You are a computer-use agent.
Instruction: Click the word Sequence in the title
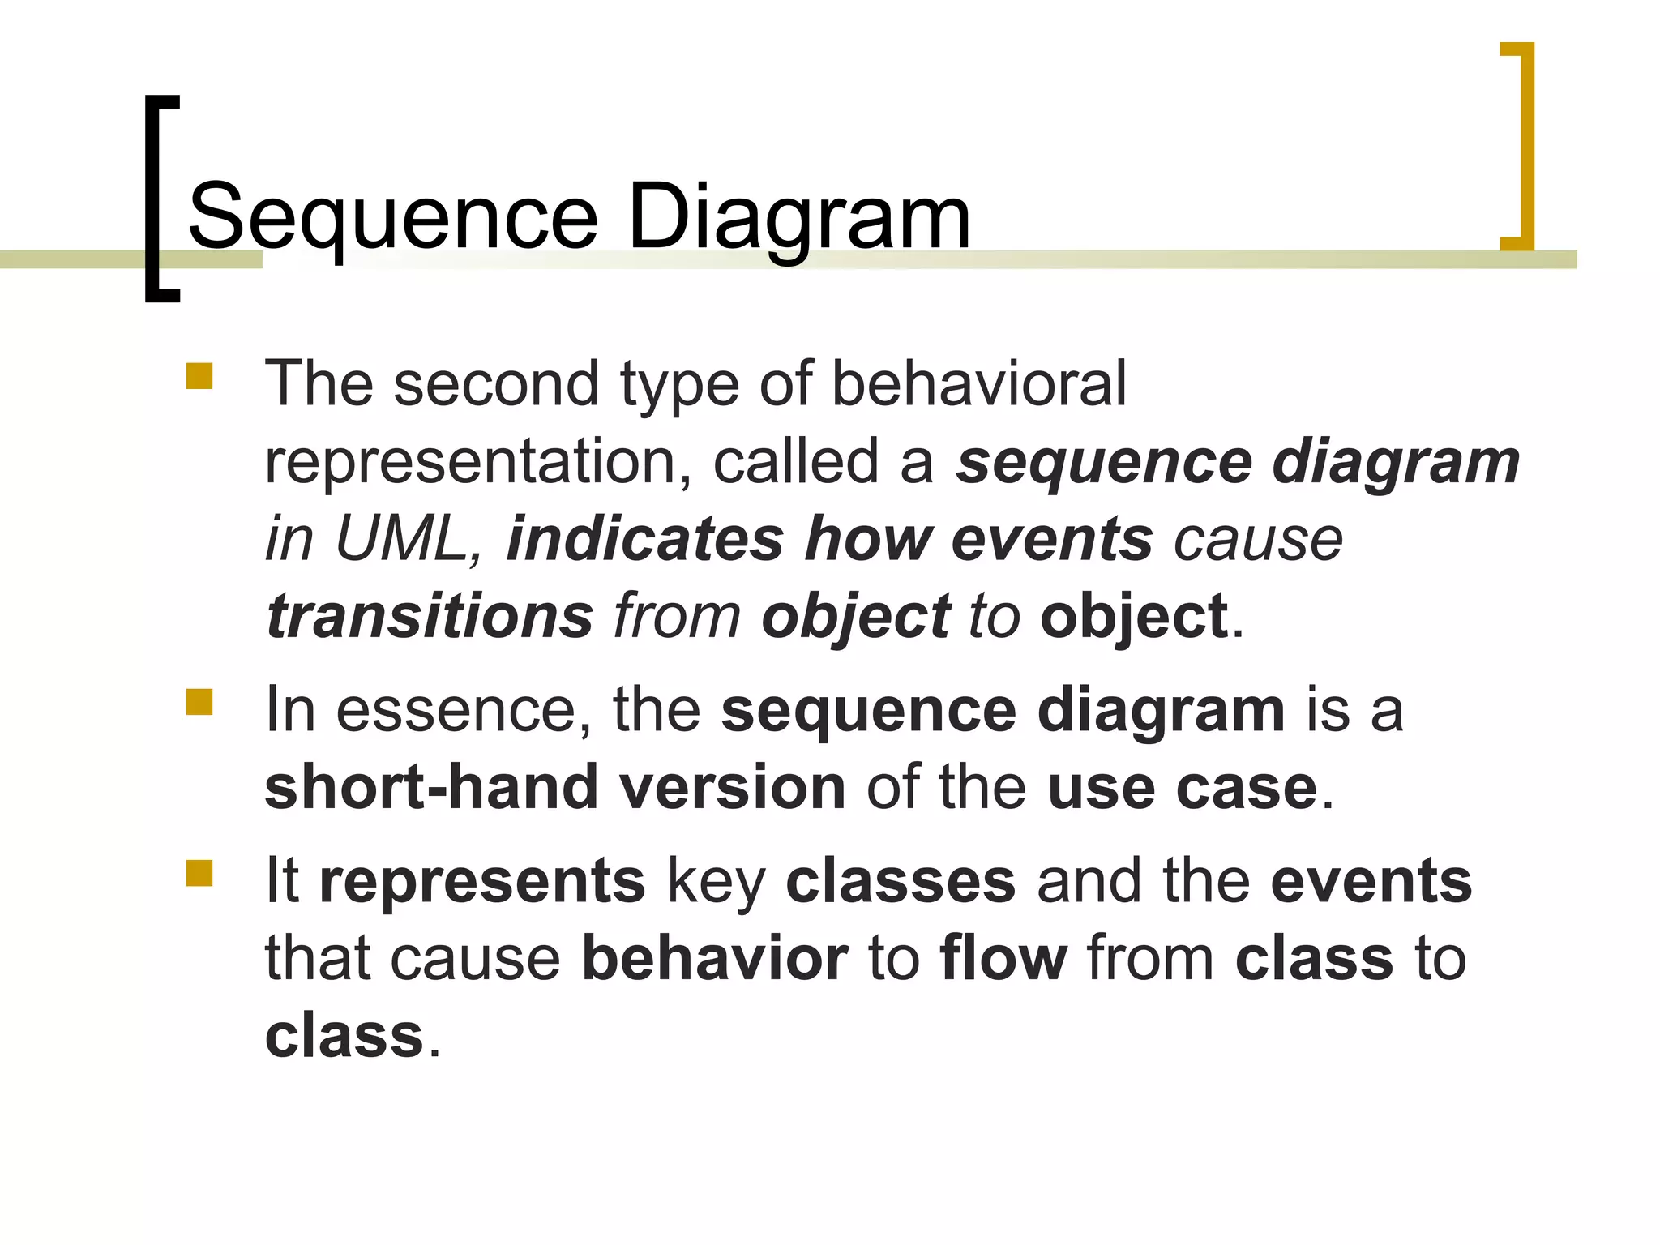(x=392, y=217)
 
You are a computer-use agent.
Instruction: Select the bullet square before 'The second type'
(x=199, y=376)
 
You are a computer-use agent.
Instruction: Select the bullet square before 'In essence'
(x=199, y=702)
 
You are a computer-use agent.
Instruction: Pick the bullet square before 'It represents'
(x=199, y=873)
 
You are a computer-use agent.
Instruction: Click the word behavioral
(x=978, y=383)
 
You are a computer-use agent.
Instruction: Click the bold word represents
(x=482, y=881)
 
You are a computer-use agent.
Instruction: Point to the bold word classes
(x=901, y=881)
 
